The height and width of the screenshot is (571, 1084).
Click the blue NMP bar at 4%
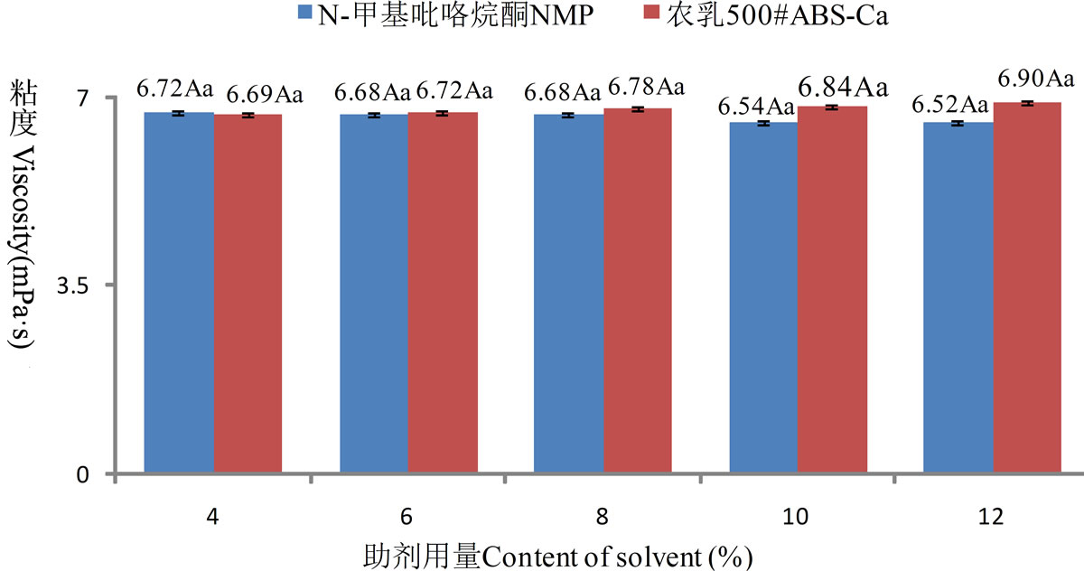179,294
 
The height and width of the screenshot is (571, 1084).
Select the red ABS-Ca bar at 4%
248,295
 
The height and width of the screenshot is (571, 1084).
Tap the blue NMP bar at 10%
763,298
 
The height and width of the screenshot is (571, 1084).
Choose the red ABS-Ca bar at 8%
638,291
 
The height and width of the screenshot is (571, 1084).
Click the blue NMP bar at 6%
374,295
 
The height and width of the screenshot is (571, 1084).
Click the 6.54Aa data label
756,108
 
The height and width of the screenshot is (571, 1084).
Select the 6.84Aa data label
842,88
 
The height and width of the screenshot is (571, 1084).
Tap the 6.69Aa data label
264,93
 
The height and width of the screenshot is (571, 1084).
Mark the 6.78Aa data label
646,88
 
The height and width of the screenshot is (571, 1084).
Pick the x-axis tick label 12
992,517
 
